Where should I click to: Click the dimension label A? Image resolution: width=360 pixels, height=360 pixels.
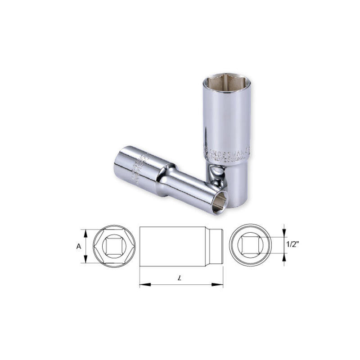tap(78, 246)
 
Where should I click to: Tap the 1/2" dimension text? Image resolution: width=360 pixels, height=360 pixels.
tap(293, 245)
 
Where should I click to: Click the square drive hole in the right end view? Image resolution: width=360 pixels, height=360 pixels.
tap(250, 245)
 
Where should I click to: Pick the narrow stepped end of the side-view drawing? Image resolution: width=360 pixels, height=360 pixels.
tap(217, 246)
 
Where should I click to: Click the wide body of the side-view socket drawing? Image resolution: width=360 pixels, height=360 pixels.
tap(173, 246)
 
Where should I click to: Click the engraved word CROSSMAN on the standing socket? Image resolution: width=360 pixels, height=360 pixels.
tap(225, 148)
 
